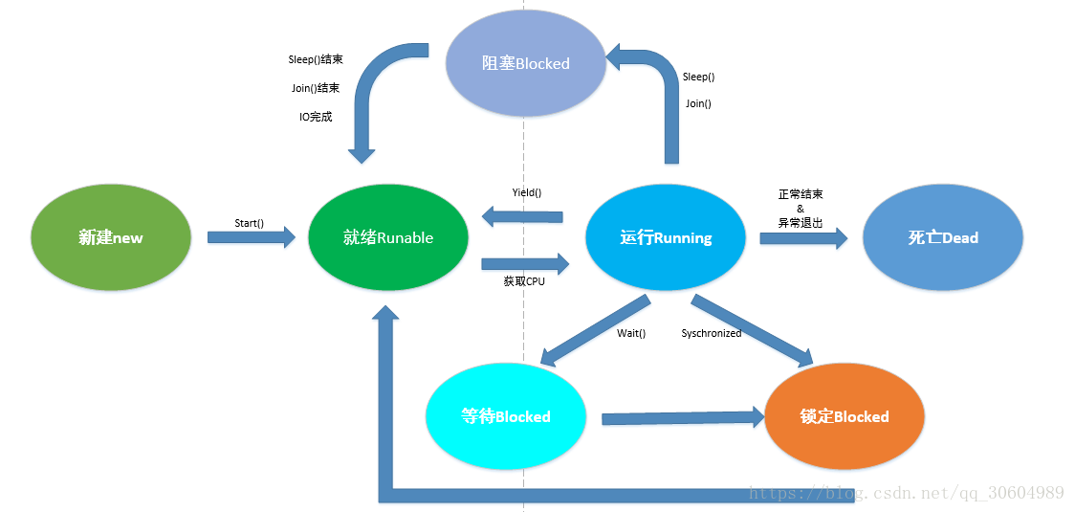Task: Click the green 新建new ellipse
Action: tap(111, 237)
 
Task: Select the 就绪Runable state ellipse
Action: tap(388, 237)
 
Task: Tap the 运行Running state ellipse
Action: tap(666, 237)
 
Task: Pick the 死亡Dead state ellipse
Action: tap(943, 237)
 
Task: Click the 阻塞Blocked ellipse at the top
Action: tap(525, 63)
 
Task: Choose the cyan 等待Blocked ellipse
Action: tap(506, 416)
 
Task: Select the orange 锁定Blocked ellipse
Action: tap(845, 416)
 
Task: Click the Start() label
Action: tap(250, 223)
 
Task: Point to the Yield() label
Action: tap(526, 192)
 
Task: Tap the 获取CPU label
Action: tap(524, 281)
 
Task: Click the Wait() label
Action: tap(631, 333)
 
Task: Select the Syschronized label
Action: tap(711, 333)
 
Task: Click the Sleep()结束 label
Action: tap(316, 59)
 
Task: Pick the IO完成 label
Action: tap(316, 117)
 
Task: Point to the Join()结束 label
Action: tap(316, 88)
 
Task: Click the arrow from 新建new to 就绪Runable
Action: tap(252, 237)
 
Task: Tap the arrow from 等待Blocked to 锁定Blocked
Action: tap(682, 417)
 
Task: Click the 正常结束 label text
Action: tap(801, 194)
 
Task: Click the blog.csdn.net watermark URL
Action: tap(907, 493)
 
